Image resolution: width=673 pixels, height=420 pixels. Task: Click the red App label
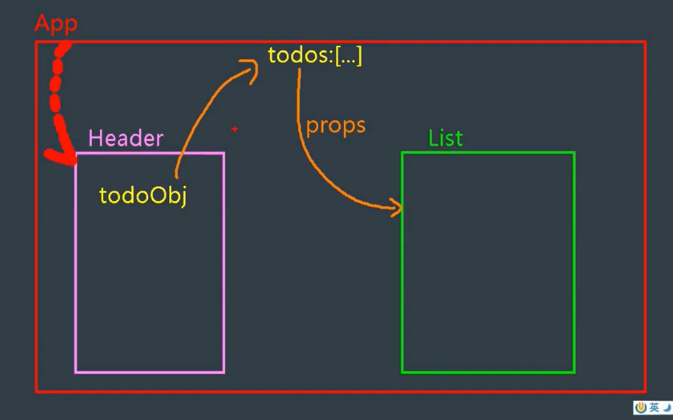coord(56,24)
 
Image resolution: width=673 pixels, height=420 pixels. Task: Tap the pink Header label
coord(126,138)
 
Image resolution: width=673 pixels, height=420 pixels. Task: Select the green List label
coord(445,138)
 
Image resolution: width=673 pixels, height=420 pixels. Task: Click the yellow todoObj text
coord(142,195)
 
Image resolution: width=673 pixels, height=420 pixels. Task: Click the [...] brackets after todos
coord(348,56)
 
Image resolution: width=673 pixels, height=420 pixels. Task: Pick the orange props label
coord(336,125)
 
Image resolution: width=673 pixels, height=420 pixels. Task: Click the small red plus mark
coord(234,129)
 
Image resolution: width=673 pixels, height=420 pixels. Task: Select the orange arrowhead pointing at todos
coord(251,68)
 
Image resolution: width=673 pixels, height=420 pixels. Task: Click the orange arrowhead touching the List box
coord(397,209)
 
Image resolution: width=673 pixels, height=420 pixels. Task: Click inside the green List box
coord(487,266)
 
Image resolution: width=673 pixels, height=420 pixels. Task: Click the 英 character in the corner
coord(654,407)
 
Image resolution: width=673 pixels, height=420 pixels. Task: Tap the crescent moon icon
coord(666,407)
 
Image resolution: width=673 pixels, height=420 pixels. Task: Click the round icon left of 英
coord(641,407)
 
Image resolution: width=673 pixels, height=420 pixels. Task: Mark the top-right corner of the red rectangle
coord(644,42)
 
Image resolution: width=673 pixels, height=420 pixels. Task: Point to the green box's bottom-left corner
coord(402,372)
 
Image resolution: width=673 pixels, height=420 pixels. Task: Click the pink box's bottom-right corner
coord(224,372)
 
